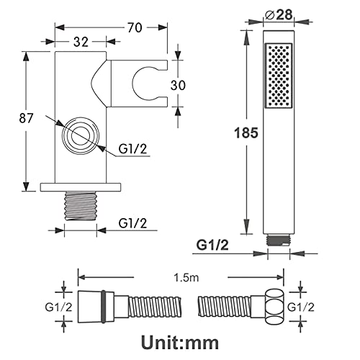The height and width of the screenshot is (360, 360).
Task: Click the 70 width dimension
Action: click(x=135, y=27)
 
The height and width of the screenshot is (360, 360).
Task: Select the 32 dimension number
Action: click(x=81, y=42)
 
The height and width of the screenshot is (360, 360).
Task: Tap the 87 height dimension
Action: click(x=26, y=118)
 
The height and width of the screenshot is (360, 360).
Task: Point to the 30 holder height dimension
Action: click(x=178, y=85)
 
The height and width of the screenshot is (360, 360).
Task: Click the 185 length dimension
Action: click(x=246, y=132)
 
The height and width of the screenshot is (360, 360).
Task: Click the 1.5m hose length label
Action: click(x=186, y=278)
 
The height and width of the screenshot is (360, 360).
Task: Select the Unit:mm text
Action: click(x=180, y=343)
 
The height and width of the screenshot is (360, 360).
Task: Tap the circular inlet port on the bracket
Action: click(x=81, y=136)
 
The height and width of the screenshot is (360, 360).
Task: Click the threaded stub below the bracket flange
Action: click(x=81, y=206)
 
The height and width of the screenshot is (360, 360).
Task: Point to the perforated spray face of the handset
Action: click(x=279, y=76)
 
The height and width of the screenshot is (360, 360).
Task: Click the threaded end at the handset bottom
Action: click(x=279, y=240)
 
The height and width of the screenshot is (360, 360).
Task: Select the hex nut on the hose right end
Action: click(x=274, y=307)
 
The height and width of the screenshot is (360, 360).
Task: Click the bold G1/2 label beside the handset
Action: click(x=212, y=245)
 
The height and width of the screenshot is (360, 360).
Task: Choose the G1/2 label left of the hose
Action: click(x=58, y=307)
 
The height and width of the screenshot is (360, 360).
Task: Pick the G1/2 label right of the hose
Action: click(x=301, y=307)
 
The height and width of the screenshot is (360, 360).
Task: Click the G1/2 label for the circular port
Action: click(x=132, y=149)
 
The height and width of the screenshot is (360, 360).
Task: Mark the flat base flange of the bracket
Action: click(x=81, y=187)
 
